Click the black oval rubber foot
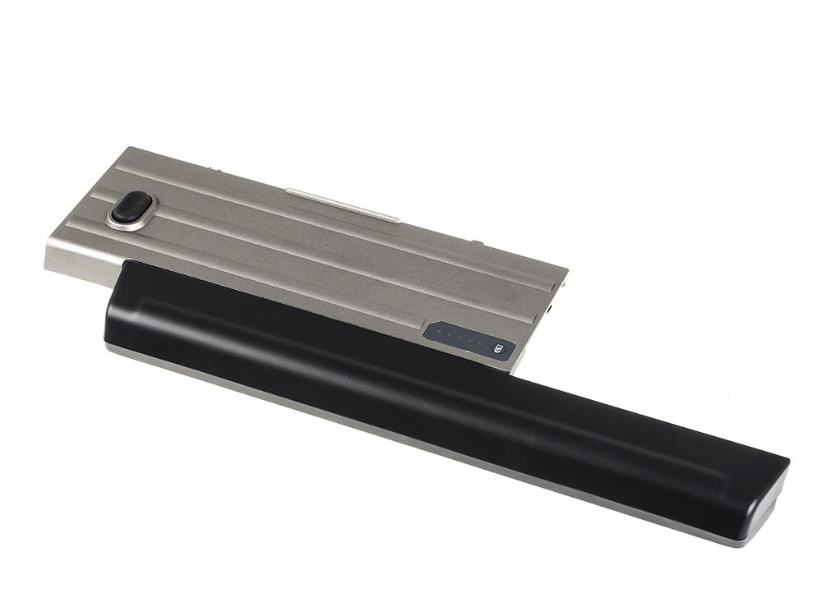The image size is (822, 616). [x=132, y=207]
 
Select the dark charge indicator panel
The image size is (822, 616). [x=469, y=339]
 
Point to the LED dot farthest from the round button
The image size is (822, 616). [x=440, y=331]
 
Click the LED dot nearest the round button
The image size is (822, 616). [x=481, y=343]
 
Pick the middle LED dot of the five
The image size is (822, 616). [x=460, y=337]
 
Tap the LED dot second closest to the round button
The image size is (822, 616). [x=471, y=340]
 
